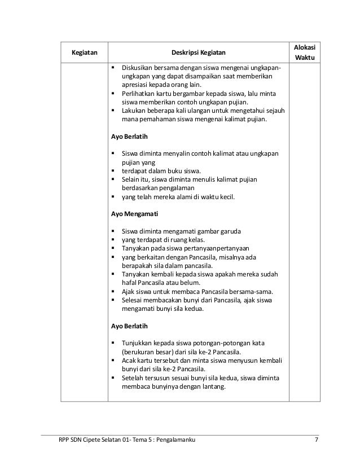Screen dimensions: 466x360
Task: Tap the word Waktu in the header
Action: point(305,59)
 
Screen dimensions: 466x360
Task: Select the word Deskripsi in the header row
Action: point(186,53)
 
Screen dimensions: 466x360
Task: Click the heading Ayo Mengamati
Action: point(134,214)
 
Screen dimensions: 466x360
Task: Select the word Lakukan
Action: point(135,110)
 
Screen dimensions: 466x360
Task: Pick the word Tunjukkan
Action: point(139,344)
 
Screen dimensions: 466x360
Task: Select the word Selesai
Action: point(134,300)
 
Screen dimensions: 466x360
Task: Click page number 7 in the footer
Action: point(317,439)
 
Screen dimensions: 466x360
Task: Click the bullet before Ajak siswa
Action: point(115,292)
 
